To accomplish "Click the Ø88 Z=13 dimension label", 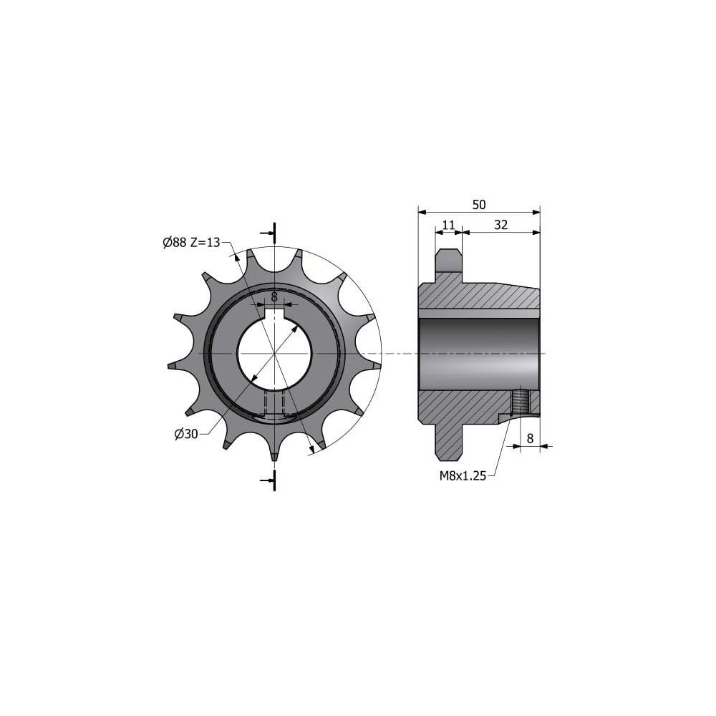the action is click(x=191, y=243).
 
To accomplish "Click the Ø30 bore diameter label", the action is click(x=186, y=434).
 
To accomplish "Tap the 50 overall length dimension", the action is click(x=479, y=205).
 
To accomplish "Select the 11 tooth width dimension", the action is click(x=449, y=225).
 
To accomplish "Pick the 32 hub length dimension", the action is click(x=501, y=225).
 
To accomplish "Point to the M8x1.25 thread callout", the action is click(x=463, y=476).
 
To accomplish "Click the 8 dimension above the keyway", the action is click(x=274, y=296).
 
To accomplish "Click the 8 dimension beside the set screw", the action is click(x=530, y=438).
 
